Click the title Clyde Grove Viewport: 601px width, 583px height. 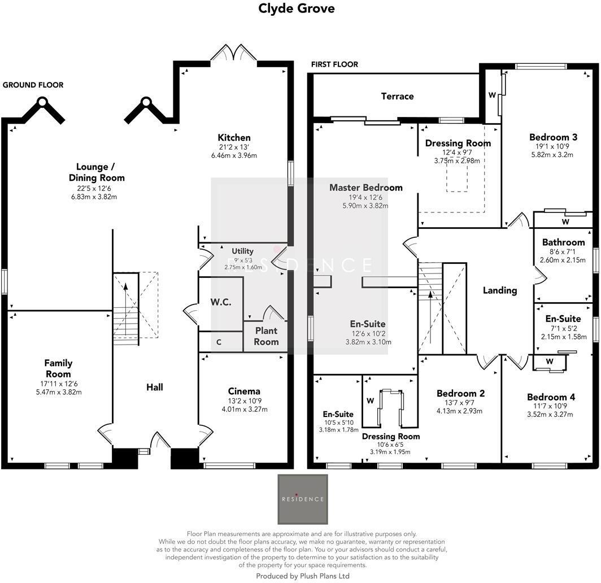pyautogui.click(x=296, y=8)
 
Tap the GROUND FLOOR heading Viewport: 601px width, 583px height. pyautogui.click(x=33, y=85)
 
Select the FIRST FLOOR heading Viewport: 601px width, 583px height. pyautogui.click(x=334, y=64)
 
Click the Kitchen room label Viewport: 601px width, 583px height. pyautogui.click(x=234, y=137)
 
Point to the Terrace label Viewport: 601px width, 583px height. pyautogui.click(x=397, y=96)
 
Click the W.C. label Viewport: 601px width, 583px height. pyautogui.click(x=221, y=302)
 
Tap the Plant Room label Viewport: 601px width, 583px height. pyautogui.click(x=266, y=336)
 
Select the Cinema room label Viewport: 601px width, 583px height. pyautogui.click(x=244, y=391)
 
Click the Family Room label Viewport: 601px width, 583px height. pyautogui.click(x=59, y=368)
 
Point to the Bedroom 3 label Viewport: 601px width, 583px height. pyautogui.click(x=553, y=137)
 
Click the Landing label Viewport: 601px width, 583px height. pyautogui.click(x=500, y=290)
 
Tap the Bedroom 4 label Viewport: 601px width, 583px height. pyautogui.click(x=547, y=397)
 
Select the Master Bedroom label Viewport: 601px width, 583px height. pyautogui.click(x=366, y=188)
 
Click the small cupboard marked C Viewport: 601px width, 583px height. pyautogui.click(x=219, y=342)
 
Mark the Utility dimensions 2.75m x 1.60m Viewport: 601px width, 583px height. pyautogui.click(x=243, y=267)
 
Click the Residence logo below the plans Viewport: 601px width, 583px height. pyautogui.click(x=303, y=499)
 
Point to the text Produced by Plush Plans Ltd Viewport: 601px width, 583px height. pyautogui.click(x=303, y=576)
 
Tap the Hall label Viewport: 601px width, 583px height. pyautogui.click(x=155, y=387)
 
